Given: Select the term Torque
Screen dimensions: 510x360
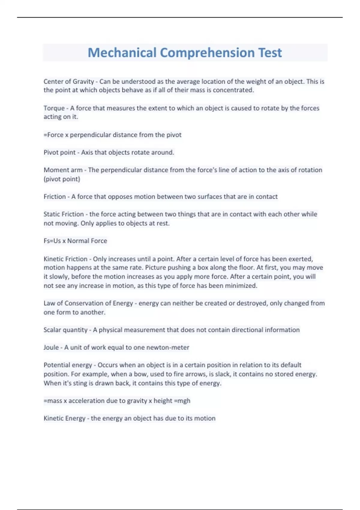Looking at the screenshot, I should (54, 108).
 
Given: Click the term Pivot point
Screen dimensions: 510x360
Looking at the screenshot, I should (59, 152).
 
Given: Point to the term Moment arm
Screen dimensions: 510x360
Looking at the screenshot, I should (63, 170).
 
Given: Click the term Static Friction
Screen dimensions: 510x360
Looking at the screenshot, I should (64, 214).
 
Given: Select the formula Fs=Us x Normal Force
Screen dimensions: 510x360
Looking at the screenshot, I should (75, 241).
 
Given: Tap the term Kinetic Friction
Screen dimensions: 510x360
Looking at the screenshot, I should (65, 259).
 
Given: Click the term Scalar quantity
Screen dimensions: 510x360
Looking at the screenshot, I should (65, 330).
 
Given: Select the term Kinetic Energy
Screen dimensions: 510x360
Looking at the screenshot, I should (64, 418).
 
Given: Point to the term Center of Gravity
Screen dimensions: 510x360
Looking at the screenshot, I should (69, 82).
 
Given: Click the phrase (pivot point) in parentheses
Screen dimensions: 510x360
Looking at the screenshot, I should (62, 179).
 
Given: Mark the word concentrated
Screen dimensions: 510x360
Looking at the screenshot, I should (233, 90).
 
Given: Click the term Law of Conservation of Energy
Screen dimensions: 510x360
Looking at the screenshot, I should (88, 303).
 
